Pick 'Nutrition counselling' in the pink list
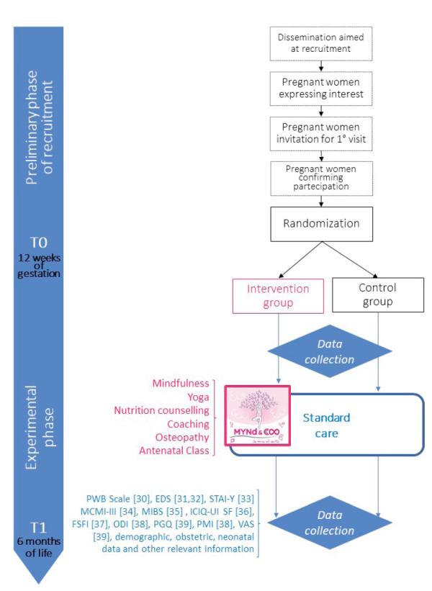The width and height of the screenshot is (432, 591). point(163,410)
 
